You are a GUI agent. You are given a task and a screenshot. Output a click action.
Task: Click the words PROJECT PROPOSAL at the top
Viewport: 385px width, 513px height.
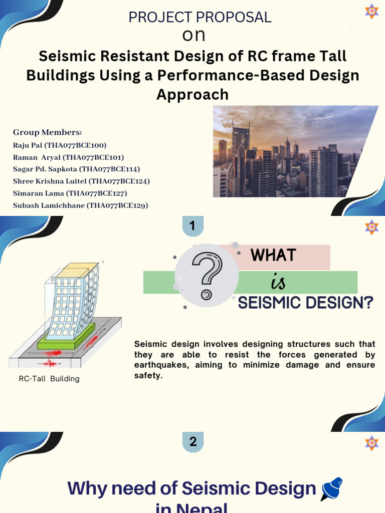point(200,17)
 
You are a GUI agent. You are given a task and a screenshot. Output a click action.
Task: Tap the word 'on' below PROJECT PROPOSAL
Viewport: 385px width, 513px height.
point(194,35)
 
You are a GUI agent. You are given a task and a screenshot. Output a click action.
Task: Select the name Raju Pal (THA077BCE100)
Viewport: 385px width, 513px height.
point(60,145)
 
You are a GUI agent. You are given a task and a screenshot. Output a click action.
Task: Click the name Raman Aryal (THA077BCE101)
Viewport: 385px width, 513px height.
point(68,157)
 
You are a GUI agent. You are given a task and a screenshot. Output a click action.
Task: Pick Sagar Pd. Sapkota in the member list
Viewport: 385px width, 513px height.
point(76,169)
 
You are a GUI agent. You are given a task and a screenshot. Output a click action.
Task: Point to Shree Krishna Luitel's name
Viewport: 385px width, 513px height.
point(81,181)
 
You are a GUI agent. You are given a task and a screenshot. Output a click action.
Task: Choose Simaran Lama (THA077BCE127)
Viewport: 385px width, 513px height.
point(70,193)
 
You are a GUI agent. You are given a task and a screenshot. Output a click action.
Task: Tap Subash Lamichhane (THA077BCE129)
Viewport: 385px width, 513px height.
point(80,205)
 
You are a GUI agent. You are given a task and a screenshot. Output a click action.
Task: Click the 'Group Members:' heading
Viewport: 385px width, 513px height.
point(47,132)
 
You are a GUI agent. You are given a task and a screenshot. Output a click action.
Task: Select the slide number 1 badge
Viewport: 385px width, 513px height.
point(192,226)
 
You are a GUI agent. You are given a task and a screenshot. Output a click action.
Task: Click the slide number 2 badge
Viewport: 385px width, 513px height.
point(193,442)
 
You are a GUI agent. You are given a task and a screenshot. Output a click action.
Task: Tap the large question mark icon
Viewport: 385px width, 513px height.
point(207,275)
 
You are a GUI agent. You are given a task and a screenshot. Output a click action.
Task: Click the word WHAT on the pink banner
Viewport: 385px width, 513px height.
point(274,255)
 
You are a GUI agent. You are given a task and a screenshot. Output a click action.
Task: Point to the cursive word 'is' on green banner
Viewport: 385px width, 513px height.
point(278,283)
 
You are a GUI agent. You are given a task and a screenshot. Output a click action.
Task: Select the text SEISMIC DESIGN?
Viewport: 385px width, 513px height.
point(305,303)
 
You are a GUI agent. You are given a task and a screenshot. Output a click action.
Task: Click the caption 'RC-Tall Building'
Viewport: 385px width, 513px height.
point(49,379)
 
